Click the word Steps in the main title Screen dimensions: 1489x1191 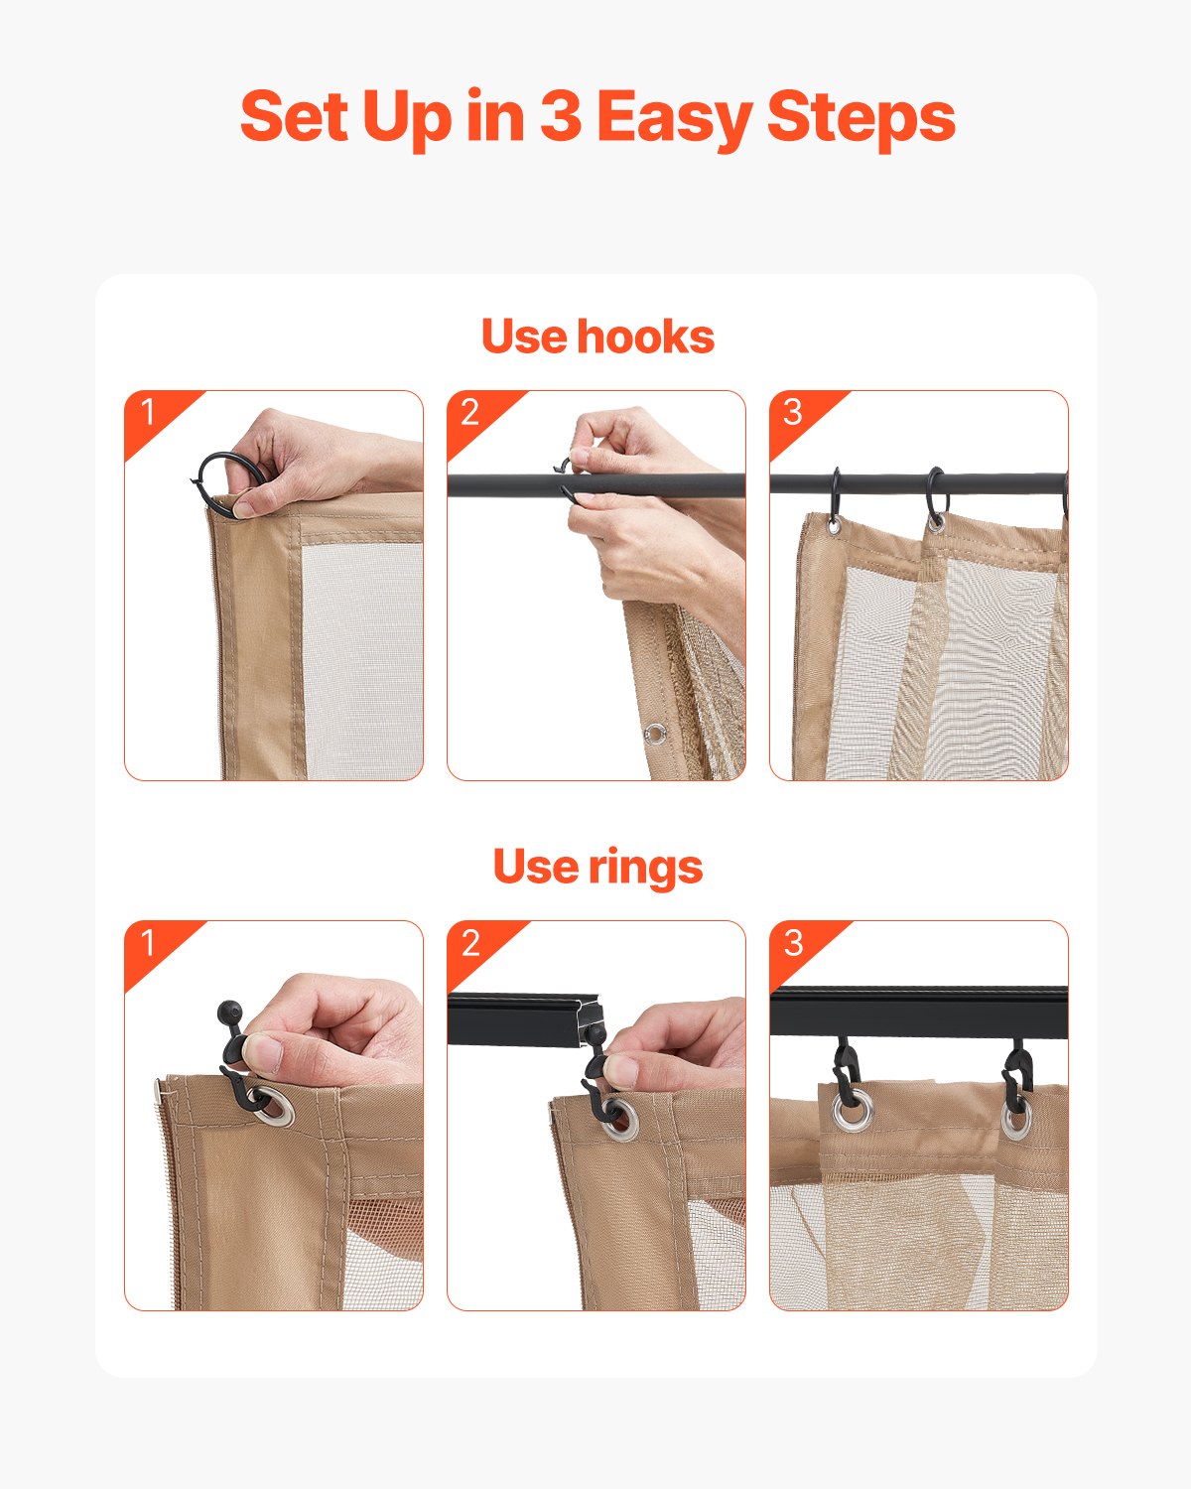860,117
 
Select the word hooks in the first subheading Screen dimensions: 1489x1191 645,337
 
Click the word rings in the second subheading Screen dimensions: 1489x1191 645,867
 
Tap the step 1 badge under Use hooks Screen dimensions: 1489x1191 149,412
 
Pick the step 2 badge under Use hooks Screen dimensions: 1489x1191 470,412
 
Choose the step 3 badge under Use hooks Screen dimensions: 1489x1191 793,412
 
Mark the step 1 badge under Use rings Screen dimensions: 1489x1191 149,942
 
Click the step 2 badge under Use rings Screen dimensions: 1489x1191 470,942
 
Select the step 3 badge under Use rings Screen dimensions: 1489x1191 793,942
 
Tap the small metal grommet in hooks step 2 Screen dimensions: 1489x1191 654,735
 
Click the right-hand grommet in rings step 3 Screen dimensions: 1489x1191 1015,1118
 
